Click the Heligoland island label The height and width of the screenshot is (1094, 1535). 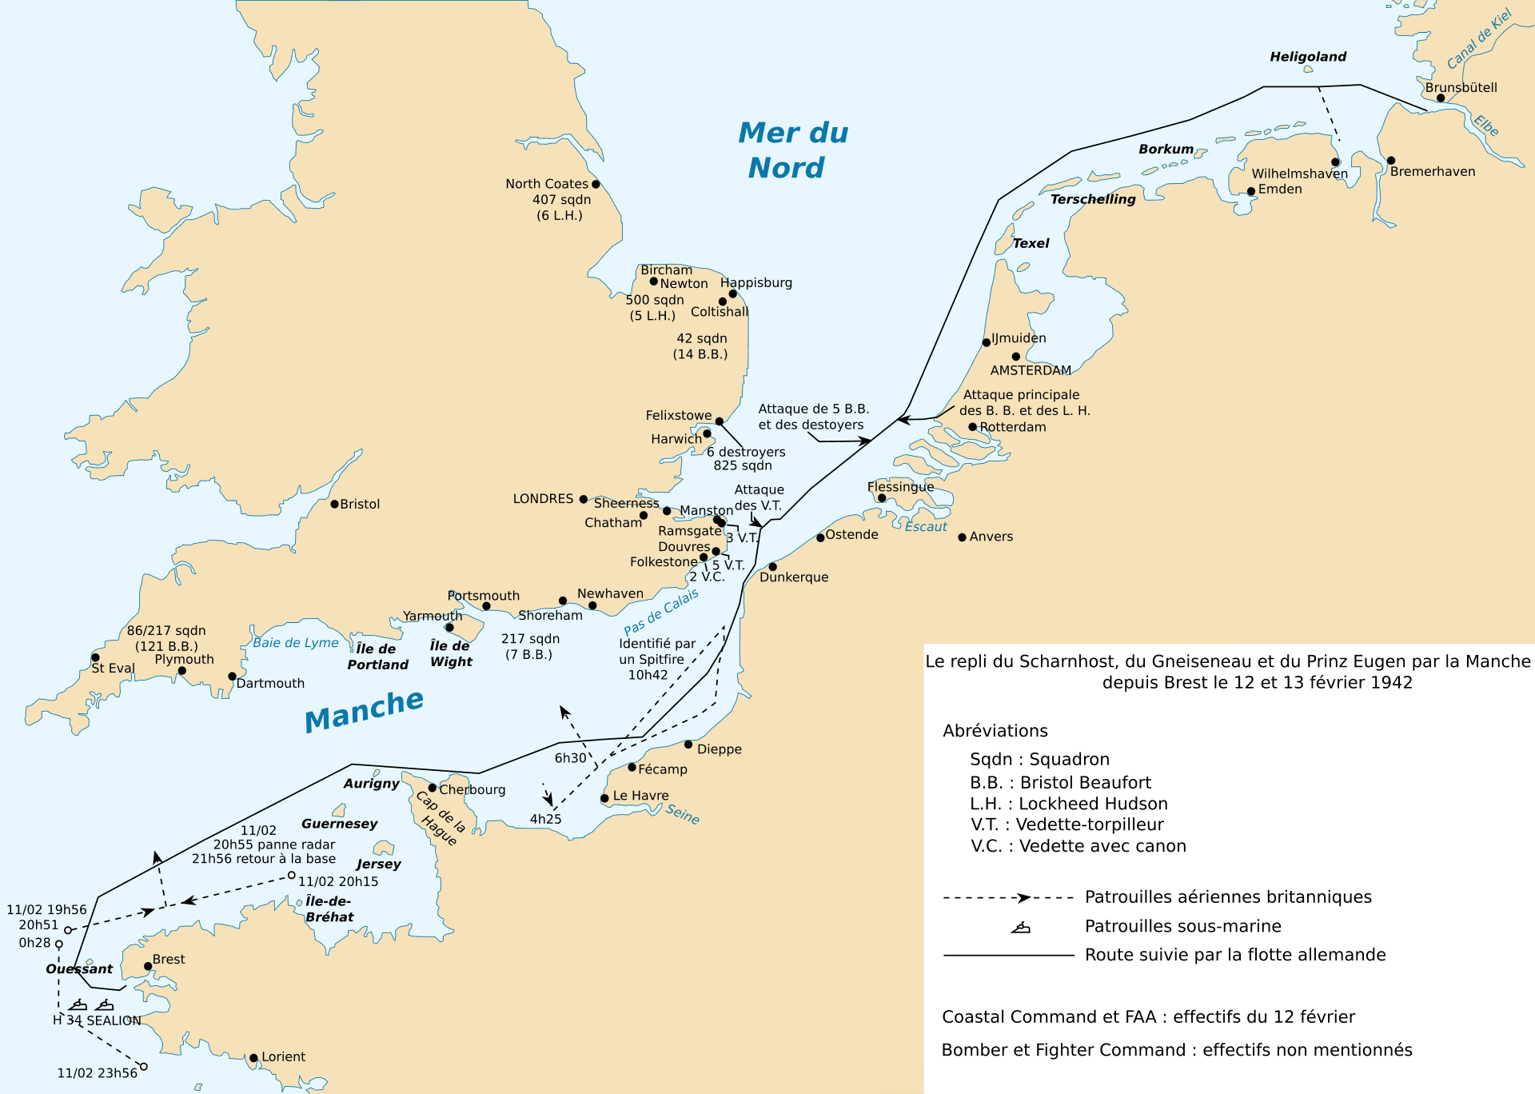pyautogui.click(x=1308, y=57)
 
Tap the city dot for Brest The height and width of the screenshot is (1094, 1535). pyautogui.click(x=148, y=966)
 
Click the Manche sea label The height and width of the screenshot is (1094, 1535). pyautogui.click(x=364, y=709)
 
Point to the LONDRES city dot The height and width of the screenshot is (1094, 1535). pyautogui.click(x=584, y=499)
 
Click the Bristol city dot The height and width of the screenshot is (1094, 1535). pyautogui.click(x=335, y=504)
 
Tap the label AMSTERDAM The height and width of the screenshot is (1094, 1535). pyautogui.click(x=1031, y=370)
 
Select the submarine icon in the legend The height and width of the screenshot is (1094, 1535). pyautogui.click(x=1021, y=928)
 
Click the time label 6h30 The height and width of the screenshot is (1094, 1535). pyautogui.click(x=571, y=758)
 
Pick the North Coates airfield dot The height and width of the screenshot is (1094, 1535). pyautogui.click(x=596, y=184)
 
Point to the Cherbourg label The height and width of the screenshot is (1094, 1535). pyautogui.click(x=472, y=789)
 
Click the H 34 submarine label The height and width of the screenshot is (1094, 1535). pyautogui.click(x=67, y=1020)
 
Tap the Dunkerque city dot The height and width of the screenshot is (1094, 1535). pyautogui.click(x=773, y=567)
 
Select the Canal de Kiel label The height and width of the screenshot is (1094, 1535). pyautogui.click(x=1480, y=38)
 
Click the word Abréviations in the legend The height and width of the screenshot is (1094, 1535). pyautogui.click(x=995, y=731)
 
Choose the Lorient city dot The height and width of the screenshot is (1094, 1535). pyautogui.click(x=253, y=1058)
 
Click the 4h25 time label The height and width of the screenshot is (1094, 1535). pyautogui.click(x=545, y=819)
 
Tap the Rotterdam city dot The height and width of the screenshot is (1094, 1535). pyautogui.click(x=973, y=427)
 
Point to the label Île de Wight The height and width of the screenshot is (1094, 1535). pyautogui.click(x=451, y=653)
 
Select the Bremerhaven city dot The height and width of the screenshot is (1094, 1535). pyautogui.click(x=1391, y=161)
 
